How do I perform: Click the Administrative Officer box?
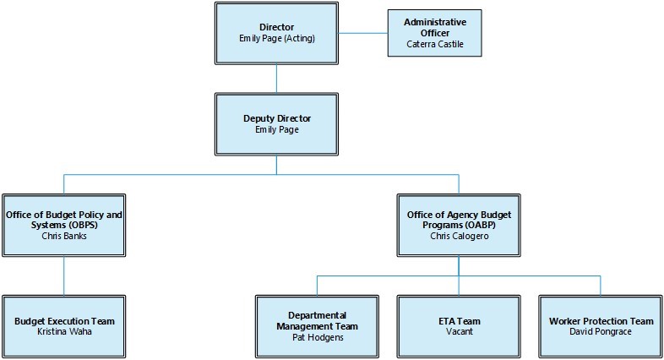(x=434, y=32)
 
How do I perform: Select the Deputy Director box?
(x=277, y=124)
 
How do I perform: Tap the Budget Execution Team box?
(x=64, y=326)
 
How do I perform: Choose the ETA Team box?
(x=459, y=326)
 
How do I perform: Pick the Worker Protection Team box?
(x=601, y=326)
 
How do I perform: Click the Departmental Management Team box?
(x=318, y=326)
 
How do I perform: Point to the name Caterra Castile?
(x=435, y=44)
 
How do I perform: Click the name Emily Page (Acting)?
(x=277, y=38)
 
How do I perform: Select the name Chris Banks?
(x=64, y=236)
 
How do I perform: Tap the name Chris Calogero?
(x=460, y=236)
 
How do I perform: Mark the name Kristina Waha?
(x=64, y=332)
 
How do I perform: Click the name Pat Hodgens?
(x=318, y=337)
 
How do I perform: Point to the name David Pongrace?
(x=601, y=332)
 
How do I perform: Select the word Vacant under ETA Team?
(x=459, y=332)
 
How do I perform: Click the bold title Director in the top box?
(x=277, y=27)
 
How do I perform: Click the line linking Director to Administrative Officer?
(x=363, y=33)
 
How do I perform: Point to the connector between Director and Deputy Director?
(x=277, y=78)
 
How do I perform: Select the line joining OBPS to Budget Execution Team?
(x=64, y=275)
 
